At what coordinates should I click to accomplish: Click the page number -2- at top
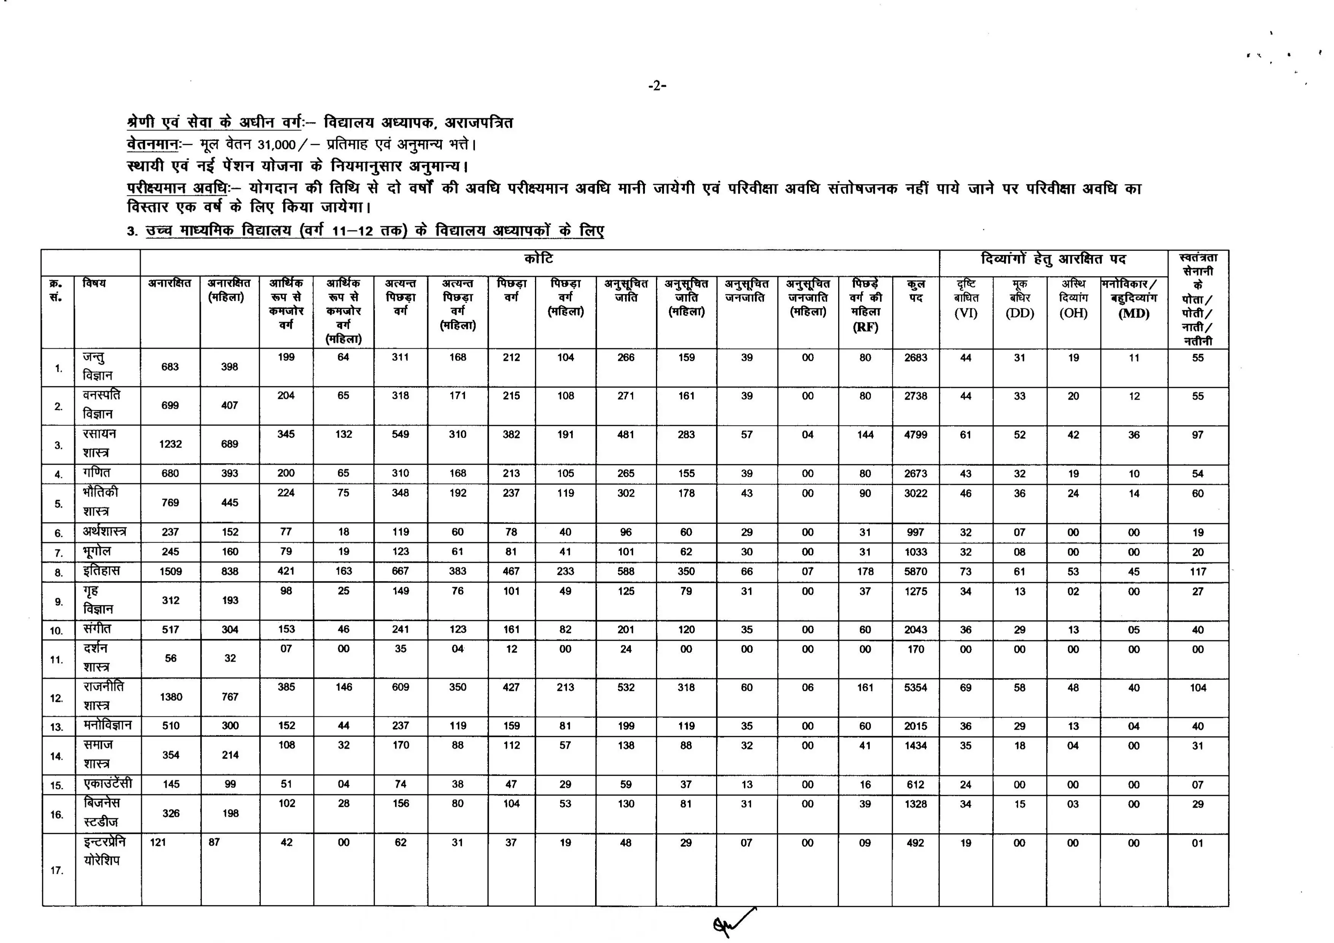coord(657,86)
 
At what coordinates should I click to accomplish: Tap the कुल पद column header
coord(916,291)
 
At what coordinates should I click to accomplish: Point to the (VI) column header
coord(966,314)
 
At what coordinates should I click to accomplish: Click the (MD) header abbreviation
coord(1134,314)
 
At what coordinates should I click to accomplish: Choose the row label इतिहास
coord(101,571)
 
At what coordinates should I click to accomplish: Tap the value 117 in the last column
coord(1197,572)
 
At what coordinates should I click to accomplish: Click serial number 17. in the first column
coord(57,870)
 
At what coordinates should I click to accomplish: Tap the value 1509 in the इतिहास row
coord(171,572)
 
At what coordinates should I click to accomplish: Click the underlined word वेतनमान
coord(152,144)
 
